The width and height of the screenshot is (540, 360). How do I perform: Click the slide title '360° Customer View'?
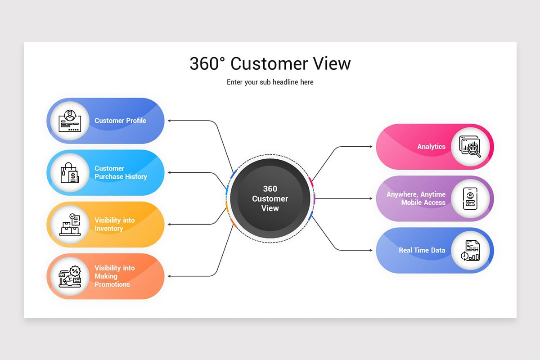[270, 63]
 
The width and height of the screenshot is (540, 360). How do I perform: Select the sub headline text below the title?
[270, 82]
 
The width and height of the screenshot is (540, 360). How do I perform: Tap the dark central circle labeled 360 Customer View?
[270, 198]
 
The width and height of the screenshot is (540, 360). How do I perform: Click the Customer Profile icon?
[69, 121]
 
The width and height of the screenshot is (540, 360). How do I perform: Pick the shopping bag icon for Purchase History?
[69, 173]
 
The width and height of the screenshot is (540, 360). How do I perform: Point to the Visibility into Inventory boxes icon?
[69, 225]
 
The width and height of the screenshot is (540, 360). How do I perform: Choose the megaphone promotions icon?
[69, 276]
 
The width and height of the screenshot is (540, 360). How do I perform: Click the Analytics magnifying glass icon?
[470, 147]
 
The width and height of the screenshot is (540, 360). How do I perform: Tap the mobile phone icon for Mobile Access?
[470, 198]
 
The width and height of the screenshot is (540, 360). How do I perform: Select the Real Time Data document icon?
[470, 250]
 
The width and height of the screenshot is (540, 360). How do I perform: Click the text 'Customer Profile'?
[120, 121]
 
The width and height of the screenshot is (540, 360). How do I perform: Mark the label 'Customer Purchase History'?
[121, 173]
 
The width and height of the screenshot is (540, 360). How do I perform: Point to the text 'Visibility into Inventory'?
[114, 225]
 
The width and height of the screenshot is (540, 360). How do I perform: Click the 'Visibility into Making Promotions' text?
[114, 276]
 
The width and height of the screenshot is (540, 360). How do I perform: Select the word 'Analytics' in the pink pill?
[431, 147]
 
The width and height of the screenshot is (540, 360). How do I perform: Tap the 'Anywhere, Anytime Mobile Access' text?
[416, 198]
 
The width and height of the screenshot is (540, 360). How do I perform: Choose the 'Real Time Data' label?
[422, 250]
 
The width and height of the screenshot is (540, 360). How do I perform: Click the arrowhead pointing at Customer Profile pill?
[170, 121]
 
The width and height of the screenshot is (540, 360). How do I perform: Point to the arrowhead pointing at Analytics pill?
[370, 147]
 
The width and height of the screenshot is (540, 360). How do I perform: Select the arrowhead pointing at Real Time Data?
[370, 250]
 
